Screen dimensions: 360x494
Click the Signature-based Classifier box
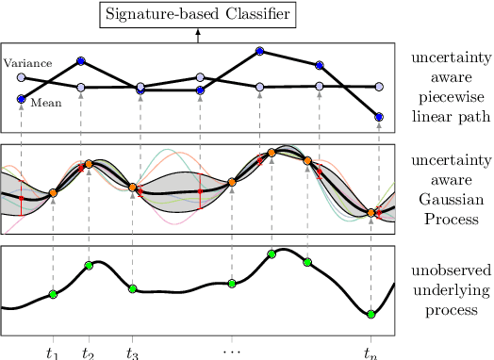pyautogui.click(x=198, y=16)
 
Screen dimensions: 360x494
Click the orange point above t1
pyautogui.click(x=53, y=192)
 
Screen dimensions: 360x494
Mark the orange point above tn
pyautogui.click(x=372, y=214)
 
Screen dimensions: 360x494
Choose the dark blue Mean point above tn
pyautogui.click(x=379, y=118)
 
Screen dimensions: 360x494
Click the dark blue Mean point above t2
pyautogui.click(x=81, y=60)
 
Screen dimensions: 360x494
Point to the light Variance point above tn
pyautogui.click(x=379, y=86)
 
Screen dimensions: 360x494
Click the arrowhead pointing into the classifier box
pyautogui.click(x=198, y=34)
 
